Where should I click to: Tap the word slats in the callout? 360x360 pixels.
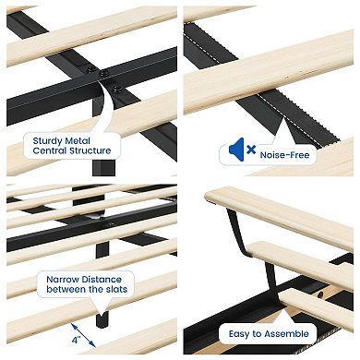tap(114, 291)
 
